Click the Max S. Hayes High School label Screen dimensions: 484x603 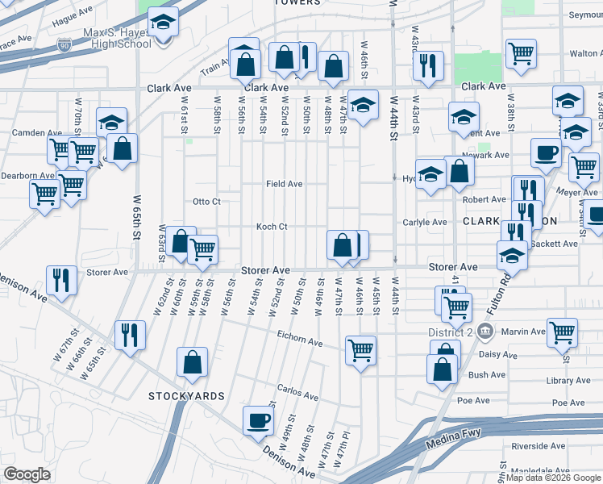(118, 38)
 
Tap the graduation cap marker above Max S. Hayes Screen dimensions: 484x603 (163, 23)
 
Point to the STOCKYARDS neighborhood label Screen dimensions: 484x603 (186, 396)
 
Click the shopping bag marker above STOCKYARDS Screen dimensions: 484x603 (193, 363)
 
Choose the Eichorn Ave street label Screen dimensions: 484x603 (299, 343)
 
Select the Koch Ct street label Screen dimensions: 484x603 (272, 227)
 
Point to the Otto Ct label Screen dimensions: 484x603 (206, 201)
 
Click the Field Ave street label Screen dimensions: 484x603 (285, 184)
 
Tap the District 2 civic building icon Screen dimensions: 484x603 (485, 331)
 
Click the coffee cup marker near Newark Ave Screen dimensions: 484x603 (547, 153)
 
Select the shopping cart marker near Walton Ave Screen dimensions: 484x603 (522, 54)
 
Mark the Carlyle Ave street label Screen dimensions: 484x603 (425, 222)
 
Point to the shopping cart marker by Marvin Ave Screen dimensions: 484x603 (562, 330)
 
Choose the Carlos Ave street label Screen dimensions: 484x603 (297, 394)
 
